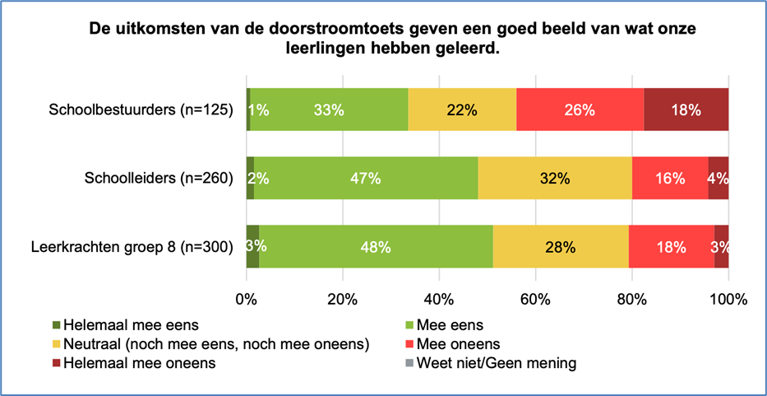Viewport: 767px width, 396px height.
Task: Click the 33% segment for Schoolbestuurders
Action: click(329, 109)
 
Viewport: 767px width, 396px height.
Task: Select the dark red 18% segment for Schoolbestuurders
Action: click(686, 109)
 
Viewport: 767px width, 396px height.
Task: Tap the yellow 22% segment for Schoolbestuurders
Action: click(462, 109)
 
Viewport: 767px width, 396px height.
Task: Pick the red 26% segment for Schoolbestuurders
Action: click(580, 109)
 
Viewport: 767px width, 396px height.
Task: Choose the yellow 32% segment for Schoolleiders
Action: click(555, 178)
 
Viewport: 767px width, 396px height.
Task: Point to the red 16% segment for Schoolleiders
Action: click(670, 178)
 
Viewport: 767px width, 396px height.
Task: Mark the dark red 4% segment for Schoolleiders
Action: click(718, 178)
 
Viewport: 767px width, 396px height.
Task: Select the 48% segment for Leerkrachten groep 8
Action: click(376, 245)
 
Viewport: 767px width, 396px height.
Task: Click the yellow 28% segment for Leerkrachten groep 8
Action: click(561, 245)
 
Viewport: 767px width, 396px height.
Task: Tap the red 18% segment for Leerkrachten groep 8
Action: click(672, 245)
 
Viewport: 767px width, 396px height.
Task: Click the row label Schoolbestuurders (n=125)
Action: click(141, 109)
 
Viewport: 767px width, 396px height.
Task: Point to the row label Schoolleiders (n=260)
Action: click(159, 178)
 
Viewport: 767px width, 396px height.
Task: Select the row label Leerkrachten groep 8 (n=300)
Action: click(132, 245)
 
